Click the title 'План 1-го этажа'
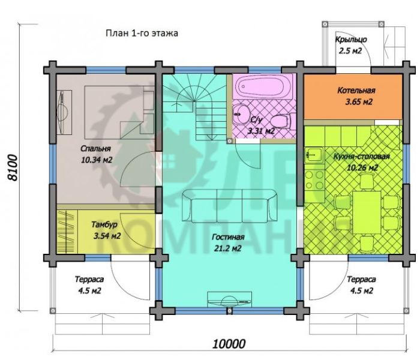click(142, 33)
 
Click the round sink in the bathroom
click(240, 114)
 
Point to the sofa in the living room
click(230, 205)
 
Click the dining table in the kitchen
click(367, 212)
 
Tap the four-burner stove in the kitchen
click(314, 180)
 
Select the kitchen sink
click(314, 155)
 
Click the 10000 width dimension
click(229, 343)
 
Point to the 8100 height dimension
click(13, 167)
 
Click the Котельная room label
click(356, 90)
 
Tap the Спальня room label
click(95, 148)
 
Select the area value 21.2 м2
click(227, 248)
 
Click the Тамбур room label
click(104, 224)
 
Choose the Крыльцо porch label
click(351, 40)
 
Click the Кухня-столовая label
click(362, 157)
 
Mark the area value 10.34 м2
click(97, 160)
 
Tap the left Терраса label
click(89, 280)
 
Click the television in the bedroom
click(64, 112)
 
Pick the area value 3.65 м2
click(359, 102)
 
